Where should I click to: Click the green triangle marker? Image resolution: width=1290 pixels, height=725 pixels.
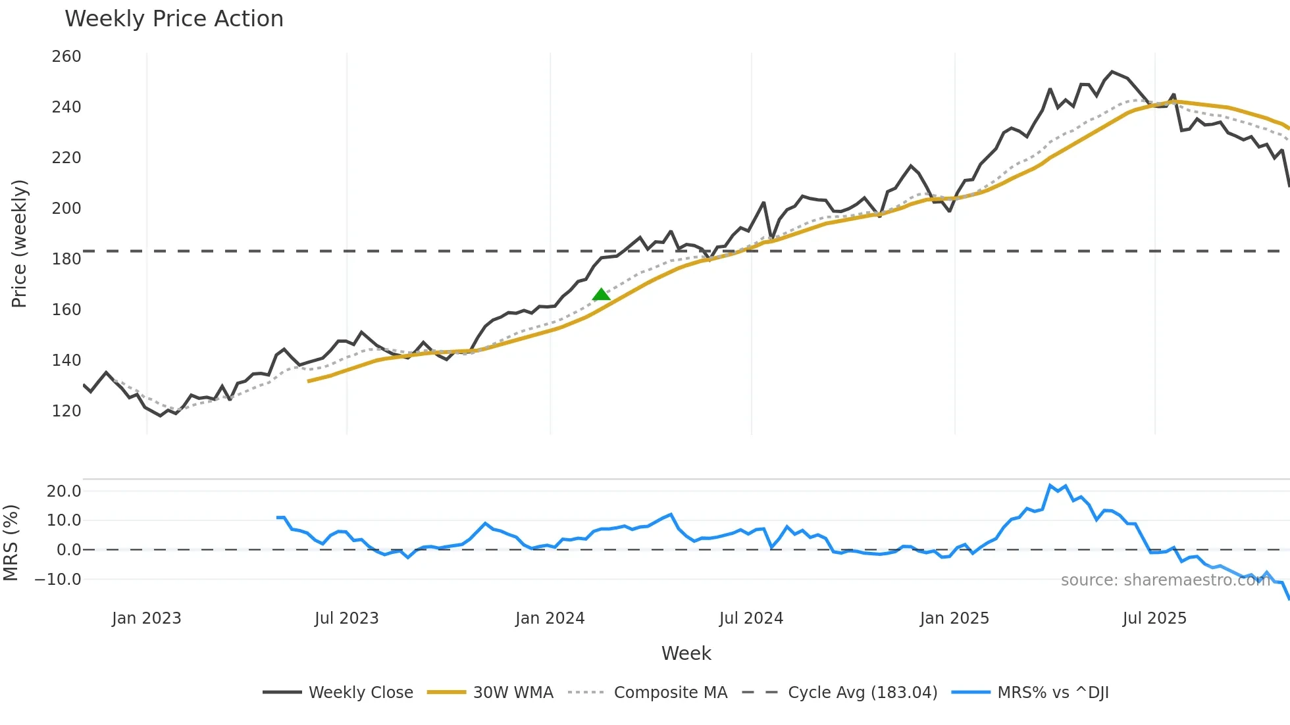point(601,295)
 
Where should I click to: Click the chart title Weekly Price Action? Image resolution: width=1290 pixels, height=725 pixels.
point(174,19)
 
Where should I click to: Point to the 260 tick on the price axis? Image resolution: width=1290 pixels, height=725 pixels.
point(66,57)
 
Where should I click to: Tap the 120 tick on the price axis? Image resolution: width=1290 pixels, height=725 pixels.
point(66,411)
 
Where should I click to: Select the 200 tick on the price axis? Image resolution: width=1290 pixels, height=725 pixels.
point(66,209)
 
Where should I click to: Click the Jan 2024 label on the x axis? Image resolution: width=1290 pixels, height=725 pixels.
point(550,618)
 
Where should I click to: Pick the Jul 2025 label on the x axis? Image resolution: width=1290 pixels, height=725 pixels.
point(1154,618)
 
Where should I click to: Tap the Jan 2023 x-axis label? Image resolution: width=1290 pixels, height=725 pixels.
point(146,618)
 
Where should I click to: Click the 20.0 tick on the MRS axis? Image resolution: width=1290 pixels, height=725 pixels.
point(64,491)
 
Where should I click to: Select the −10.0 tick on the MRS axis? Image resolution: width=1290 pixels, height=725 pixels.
point(58,580)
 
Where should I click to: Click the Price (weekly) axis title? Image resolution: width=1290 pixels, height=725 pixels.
point(20,243)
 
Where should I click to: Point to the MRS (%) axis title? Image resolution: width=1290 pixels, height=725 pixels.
point(11,543)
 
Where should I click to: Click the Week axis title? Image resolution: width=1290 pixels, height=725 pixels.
point(686,653)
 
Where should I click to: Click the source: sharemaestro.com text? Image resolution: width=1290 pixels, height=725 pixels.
point(1165,580)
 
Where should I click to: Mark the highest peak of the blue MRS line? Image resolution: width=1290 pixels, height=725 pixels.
point(1050,486)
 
